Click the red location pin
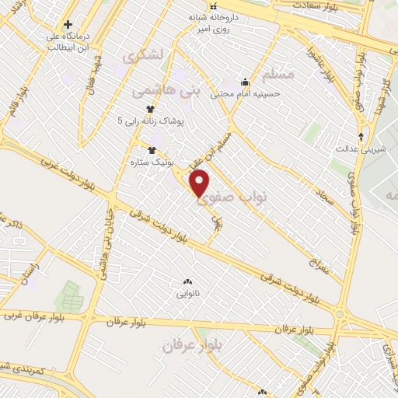pos(200,183)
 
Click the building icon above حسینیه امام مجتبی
pos(245,82)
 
